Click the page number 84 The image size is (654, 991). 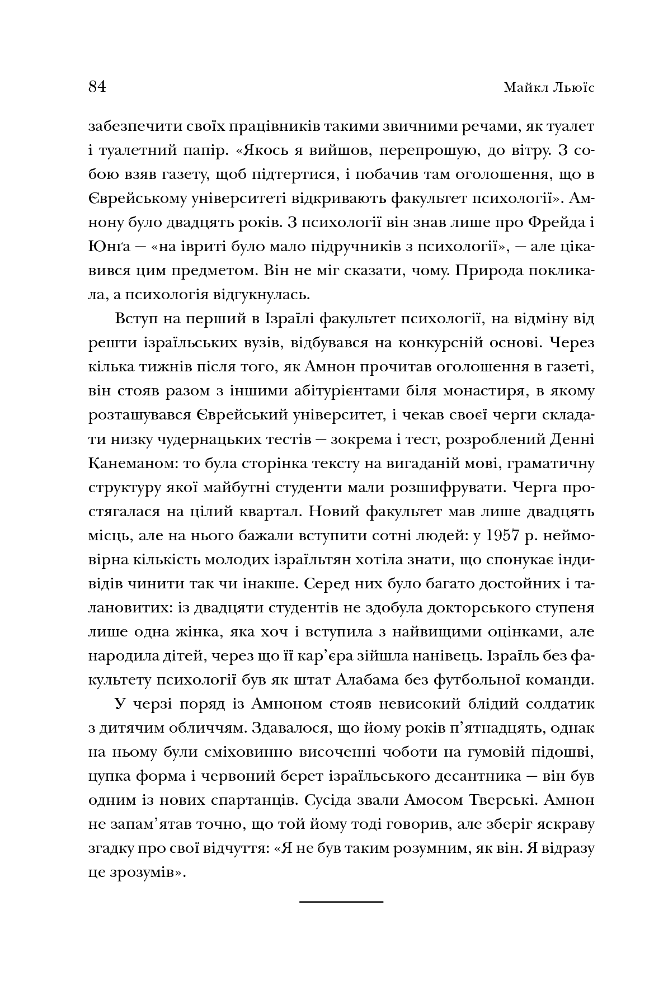[97, 87]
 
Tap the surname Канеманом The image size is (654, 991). [126, 463]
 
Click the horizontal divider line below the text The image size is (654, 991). [341, 902]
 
